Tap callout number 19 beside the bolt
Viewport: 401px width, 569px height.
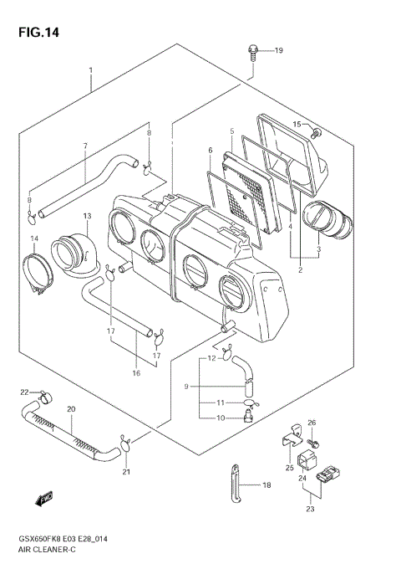pos(278,51)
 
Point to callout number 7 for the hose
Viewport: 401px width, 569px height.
pos(84,146)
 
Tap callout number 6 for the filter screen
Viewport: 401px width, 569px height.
pos(211,151)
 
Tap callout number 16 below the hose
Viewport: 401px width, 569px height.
pos(135,372)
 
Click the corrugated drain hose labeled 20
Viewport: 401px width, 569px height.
pos(71,434)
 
